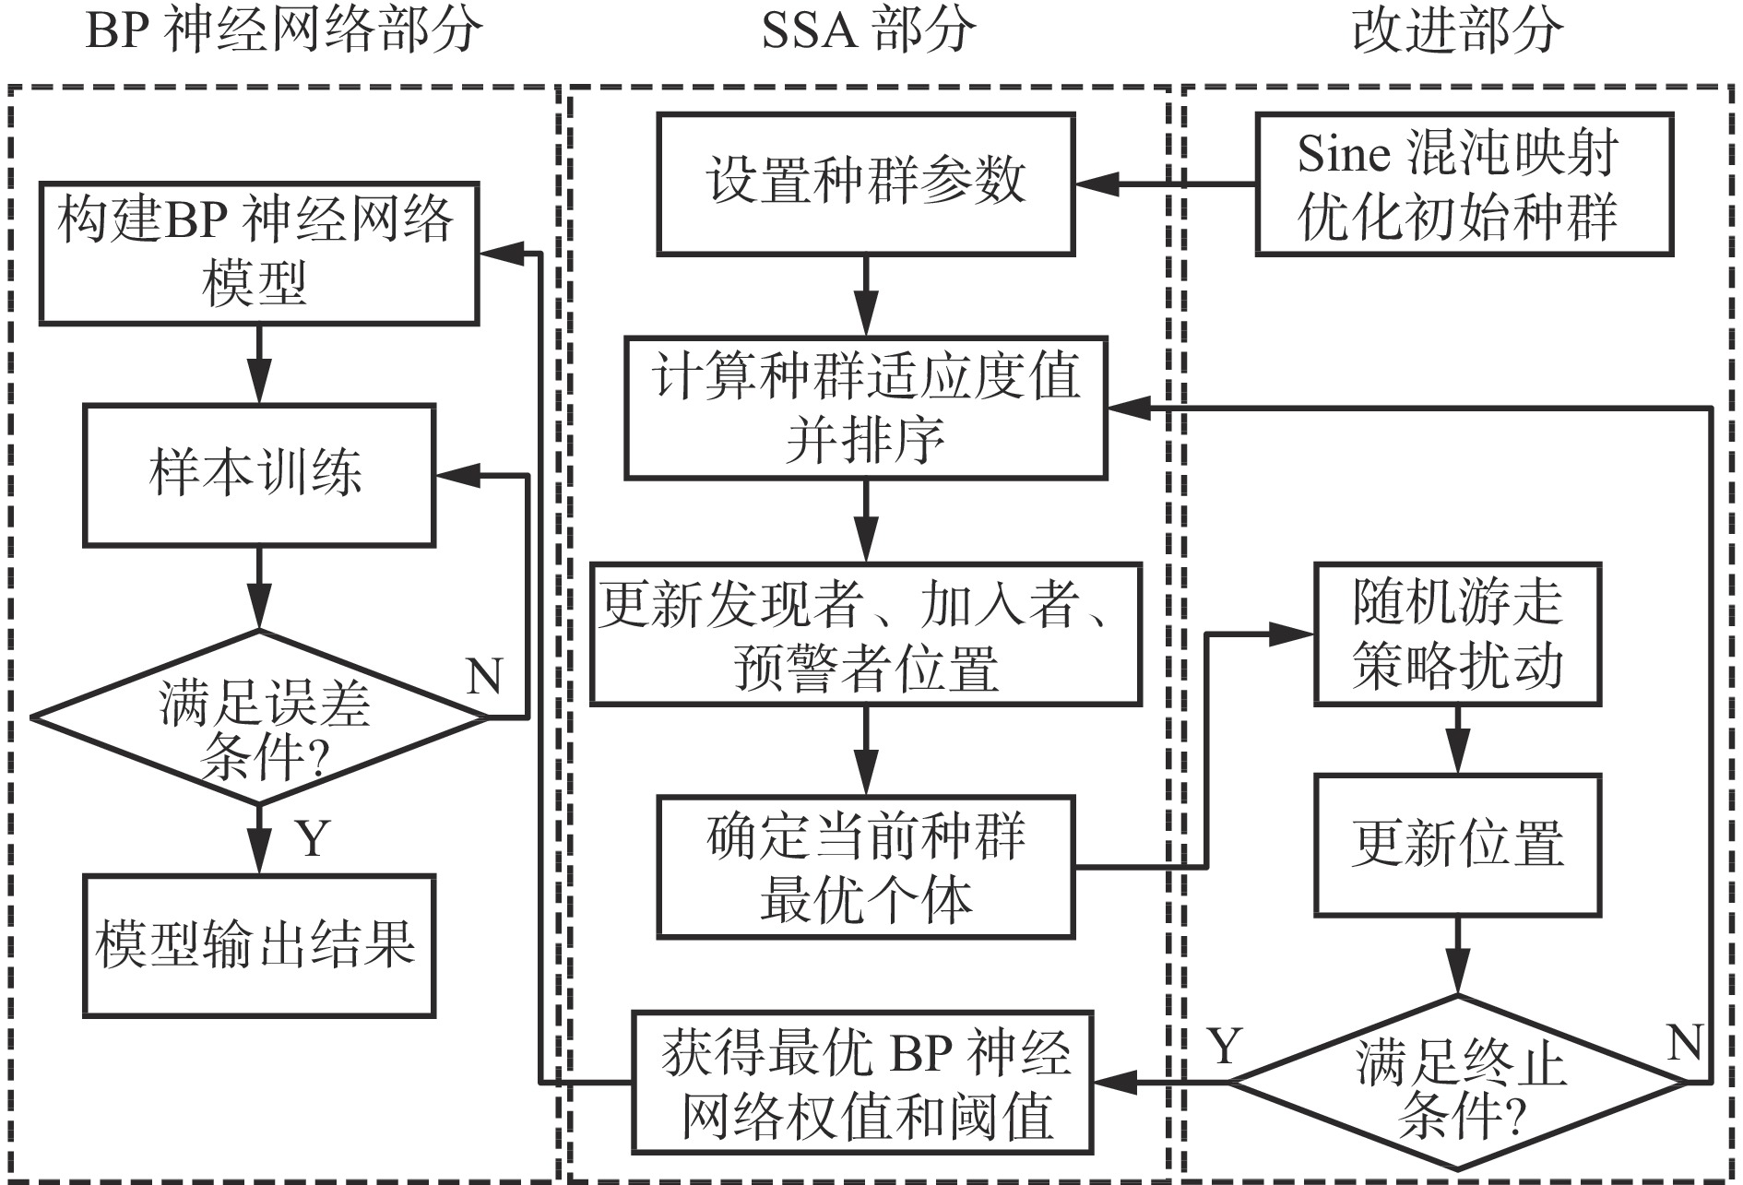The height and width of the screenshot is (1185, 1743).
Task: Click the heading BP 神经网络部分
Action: [283, 31]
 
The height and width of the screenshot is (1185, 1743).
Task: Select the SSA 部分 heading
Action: [867, 31]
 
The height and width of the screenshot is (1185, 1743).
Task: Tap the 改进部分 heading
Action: [1457, 31]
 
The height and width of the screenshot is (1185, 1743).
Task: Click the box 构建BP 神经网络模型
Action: [258, 254]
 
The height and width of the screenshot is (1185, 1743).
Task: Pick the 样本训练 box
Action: [258, 475]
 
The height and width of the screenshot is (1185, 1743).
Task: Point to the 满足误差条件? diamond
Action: [259, 717]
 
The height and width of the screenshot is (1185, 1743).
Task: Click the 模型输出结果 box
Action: [258, 945]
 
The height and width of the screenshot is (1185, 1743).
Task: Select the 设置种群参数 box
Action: [865, 184]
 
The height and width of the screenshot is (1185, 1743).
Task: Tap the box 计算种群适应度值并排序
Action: [865, 408]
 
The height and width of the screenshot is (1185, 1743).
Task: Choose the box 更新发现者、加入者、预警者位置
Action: [865, 634]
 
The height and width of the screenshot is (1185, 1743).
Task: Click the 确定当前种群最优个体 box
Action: [865, 868]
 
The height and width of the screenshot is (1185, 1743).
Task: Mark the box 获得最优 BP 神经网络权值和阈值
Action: [862, 1082]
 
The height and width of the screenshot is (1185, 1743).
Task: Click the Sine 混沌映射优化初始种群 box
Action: [1464, 184]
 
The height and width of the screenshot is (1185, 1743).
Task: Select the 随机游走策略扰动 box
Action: [1457, 634]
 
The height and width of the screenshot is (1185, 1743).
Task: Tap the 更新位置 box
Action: [1457, 844]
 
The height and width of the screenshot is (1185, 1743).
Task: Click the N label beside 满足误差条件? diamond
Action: [484, 678]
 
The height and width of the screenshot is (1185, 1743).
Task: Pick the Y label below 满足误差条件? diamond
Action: [314, 837]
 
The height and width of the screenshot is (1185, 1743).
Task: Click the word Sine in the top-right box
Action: [1343, 154]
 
